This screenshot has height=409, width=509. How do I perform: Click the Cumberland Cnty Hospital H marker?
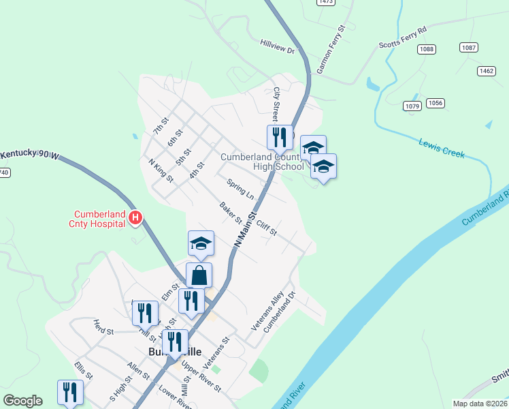(x=135, y=218)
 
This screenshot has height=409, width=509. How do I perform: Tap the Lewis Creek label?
(x=442, y=148)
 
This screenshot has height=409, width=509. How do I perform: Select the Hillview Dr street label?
(x=277, y=46)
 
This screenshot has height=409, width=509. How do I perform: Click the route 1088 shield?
(x=427, y=49)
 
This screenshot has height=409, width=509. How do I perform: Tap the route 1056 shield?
(x=436, y=103)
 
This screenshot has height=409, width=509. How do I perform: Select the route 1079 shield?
(x=412, y=106)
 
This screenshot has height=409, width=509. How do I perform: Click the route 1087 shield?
(x=468, y=47)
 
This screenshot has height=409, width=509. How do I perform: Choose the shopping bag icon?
(x=199, y=275)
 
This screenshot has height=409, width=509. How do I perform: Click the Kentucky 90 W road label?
(x=30, y=155)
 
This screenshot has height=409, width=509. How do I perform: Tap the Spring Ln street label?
(x=240, y=190)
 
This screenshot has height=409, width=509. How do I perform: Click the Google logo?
(x=22, y=401)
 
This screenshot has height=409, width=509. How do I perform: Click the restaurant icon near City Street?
(x=279, y=137)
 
